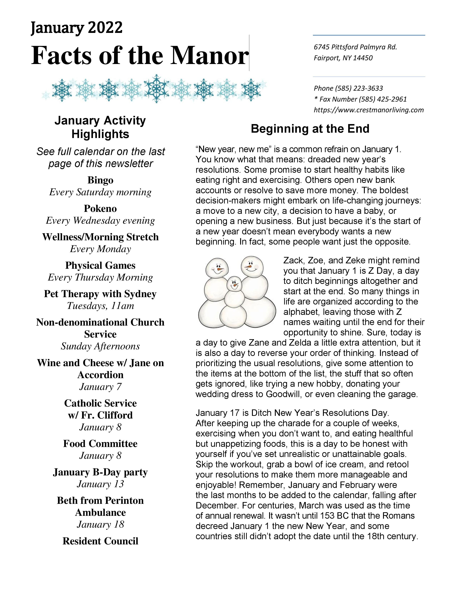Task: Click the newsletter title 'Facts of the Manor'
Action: point(140,55)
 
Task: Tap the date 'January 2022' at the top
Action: point(77,28)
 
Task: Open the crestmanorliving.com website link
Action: point(369,110)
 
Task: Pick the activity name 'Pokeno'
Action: point(100,208)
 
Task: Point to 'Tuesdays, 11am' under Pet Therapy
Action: point(100,306)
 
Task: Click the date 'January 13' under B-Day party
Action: point(100,484)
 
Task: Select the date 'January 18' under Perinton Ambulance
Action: point(100,524)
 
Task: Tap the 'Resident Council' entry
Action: point(100,541)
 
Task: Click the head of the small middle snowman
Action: point(234,284)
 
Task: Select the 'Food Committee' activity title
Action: point(100,444)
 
